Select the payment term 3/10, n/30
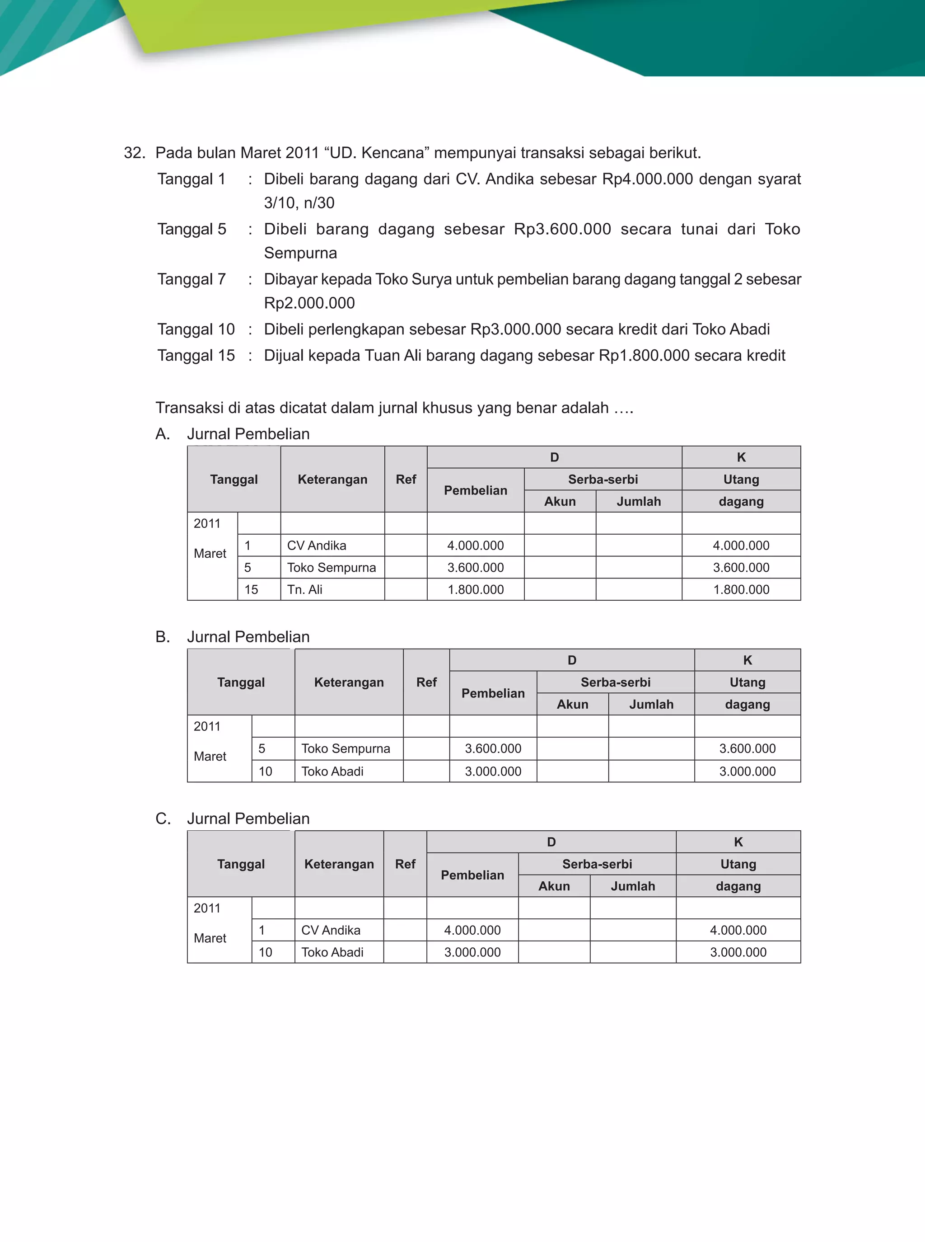click(x=299, y=203)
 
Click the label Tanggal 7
click(x=192, y=279)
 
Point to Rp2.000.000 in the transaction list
click(x=309, y=303)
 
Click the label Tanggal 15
click(x=196, y=355)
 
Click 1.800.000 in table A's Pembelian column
click(x=476, y=589)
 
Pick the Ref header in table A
click(x=406, y=480)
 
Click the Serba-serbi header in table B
click(x=615, y=682)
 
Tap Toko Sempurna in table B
click(x=346, y=748)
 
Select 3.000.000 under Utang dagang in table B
click(x=747, y=772)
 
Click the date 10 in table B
click(x=266, y=772)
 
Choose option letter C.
click(x=163, y=819)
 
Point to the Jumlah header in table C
click(x=633, y=886)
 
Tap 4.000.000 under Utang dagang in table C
click(x=738, y=930)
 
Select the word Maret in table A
click(x=210, y=554)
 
